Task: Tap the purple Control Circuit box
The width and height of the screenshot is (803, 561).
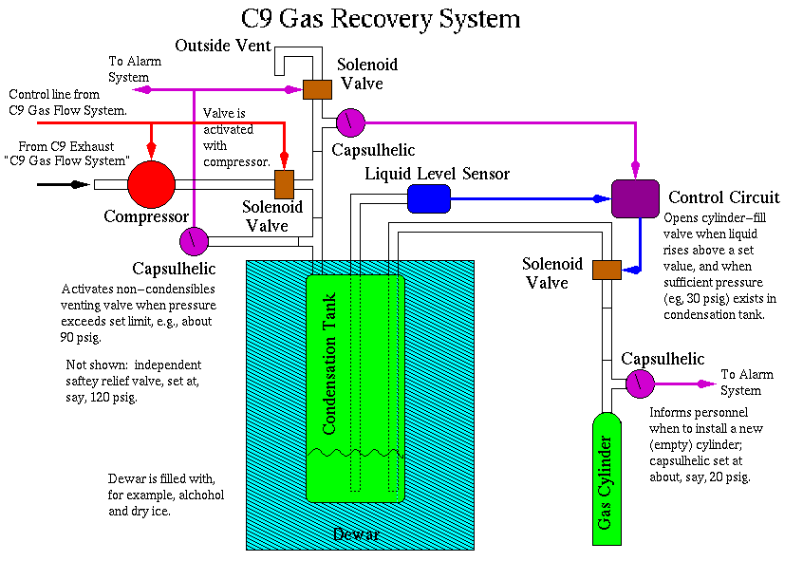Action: [x=635, y=198]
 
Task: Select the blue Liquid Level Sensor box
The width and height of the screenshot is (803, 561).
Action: [x=429, y=198]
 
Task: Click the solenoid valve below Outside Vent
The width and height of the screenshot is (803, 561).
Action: [x=316, y=89]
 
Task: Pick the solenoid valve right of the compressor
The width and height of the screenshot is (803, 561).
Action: [x=284, y=183]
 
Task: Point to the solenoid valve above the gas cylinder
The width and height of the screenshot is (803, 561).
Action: [x=606, y=270]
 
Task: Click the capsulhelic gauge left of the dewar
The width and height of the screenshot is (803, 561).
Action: [x=194, y=237]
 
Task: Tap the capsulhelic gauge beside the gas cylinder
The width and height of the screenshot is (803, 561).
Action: [x=639, y=383]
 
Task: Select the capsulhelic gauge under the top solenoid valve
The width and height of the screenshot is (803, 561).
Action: [x=350, y=122]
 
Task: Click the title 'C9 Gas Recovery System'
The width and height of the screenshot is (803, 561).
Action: [x=382, y=19]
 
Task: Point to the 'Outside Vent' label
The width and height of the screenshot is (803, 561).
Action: [x=223, y=45]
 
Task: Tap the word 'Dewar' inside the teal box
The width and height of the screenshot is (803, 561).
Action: [x=356, y=534]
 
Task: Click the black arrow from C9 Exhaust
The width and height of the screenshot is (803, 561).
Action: [x=57, y=184]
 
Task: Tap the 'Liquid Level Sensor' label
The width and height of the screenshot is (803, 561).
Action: [x=438, y=174]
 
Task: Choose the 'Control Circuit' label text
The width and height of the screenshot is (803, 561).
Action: [x=724, y=197]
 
